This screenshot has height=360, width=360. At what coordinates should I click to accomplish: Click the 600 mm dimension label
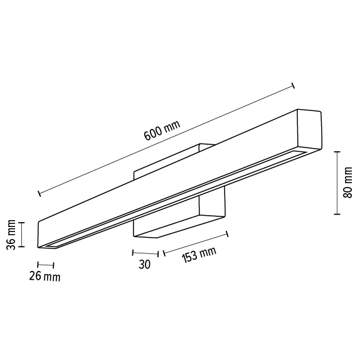pyautogui.click(x=162, y=128)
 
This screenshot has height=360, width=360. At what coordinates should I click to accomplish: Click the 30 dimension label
pyautogui.click(x=144, y=265)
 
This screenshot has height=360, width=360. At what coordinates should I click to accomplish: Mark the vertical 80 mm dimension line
pyautogui.click(x=337, y=183)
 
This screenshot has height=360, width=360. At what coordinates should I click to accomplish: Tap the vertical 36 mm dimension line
pyautogui.click(x=22, y=235)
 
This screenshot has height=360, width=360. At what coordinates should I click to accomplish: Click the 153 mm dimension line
pyautogui.click(x=195, y=244)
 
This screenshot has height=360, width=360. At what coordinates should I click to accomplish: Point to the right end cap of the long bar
pyautogui.click(x=310, y=129)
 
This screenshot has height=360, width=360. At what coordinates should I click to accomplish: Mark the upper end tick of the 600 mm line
pyautogui.click(x=293, y=85)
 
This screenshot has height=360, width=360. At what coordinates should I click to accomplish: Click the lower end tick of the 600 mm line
pyautogui.click(x=40, y=193)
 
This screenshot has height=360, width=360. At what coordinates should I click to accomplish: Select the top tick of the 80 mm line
pyautogui.click(x=337, y=152)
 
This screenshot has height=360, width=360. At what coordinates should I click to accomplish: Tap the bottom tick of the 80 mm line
pyautogui.click(x=337, y=214)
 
